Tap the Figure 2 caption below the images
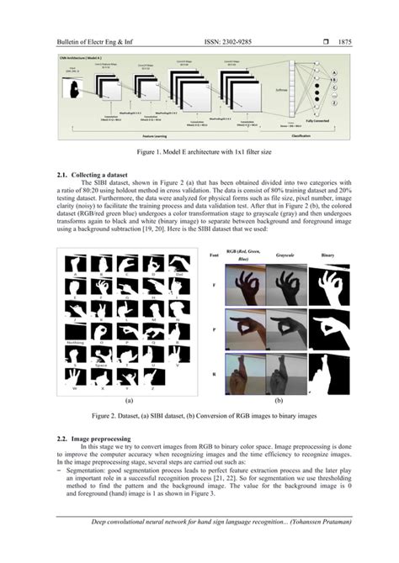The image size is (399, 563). pos(199,415)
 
